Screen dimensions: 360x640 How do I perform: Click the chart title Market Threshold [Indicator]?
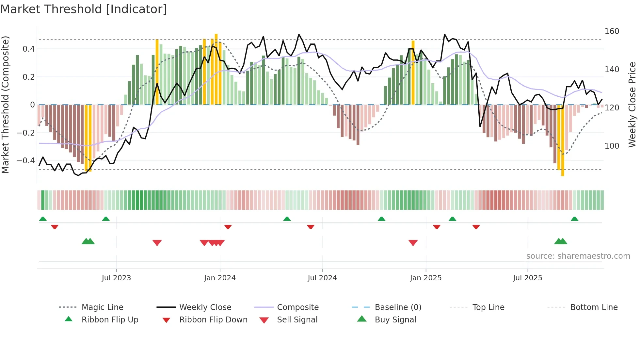pos(84,9)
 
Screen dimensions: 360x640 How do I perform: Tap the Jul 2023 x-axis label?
pos(116,278)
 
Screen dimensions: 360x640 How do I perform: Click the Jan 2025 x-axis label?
pos(425,278)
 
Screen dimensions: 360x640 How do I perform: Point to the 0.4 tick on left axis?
pos(29,49)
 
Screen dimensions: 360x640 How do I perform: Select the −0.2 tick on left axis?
pos(26,133)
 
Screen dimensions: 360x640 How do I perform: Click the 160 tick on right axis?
pos(612,31)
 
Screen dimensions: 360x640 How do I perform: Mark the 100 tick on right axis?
pos(612,146)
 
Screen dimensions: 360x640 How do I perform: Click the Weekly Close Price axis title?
pos(632,105)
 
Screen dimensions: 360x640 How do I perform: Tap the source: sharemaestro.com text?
pos(578,256)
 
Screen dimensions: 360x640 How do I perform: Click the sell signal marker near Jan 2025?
pos(413,243)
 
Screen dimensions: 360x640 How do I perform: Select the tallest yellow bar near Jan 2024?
pos(216,69)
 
